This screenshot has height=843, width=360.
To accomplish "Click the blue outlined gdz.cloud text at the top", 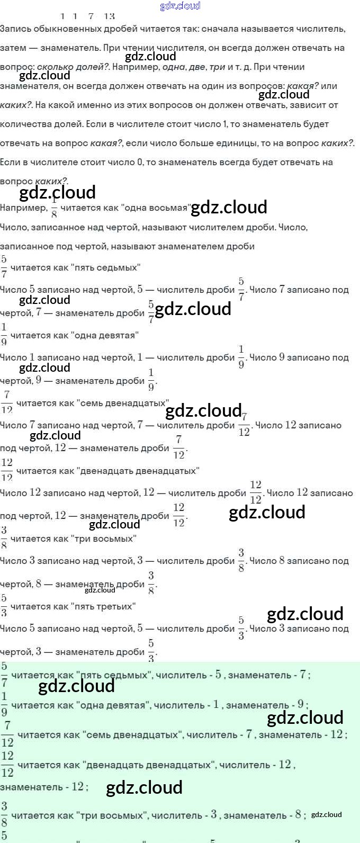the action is coord(180,6).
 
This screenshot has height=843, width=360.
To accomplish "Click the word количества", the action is coord(24,124).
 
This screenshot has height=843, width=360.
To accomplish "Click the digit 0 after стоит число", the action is coord(140,162).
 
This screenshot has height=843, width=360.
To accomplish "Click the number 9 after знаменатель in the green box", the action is coord(300,704).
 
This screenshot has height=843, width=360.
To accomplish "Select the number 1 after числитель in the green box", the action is coord(216,704).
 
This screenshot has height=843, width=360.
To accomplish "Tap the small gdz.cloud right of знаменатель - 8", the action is coord(326,814).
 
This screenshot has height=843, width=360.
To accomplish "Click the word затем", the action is coord(13,48).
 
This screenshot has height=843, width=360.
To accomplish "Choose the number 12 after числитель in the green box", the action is coord(285,764).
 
